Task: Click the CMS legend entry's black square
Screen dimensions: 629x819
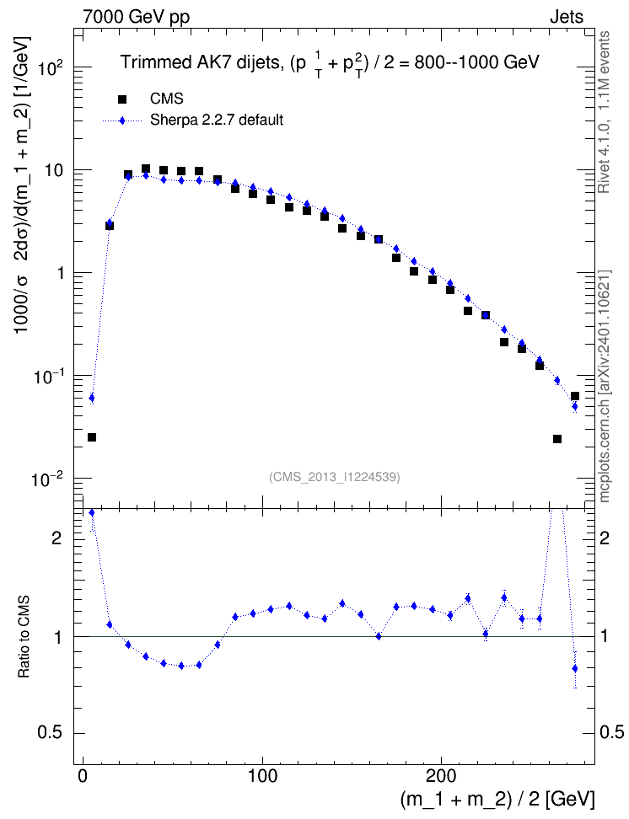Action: point(121,99)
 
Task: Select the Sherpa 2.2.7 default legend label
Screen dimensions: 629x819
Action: point(217,120)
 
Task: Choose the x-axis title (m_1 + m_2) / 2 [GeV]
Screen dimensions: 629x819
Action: point(497,800)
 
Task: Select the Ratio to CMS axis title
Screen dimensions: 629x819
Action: point(24,637)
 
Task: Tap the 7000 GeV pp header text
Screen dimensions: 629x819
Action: point(136,17)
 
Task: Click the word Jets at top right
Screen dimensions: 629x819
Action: point(567,17)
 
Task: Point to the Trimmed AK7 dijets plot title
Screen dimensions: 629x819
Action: point(330,63)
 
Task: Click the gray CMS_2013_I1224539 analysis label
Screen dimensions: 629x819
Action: point(335,477)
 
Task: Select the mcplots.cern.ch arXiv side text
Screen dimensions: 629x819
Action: point(605,387)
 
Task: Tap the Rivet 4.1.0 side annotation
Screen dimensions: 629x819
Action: point(605,112)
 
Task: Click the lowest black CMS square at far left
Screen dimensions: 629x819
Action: point(92,437)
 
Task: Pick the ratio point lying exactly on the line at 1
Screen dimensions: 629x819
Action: point(379,636)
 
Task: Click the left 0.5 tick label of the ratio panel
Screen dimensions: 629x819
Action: point(51,733)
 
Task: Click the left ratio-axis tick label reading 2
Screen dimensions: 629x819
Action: point(57,539)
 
